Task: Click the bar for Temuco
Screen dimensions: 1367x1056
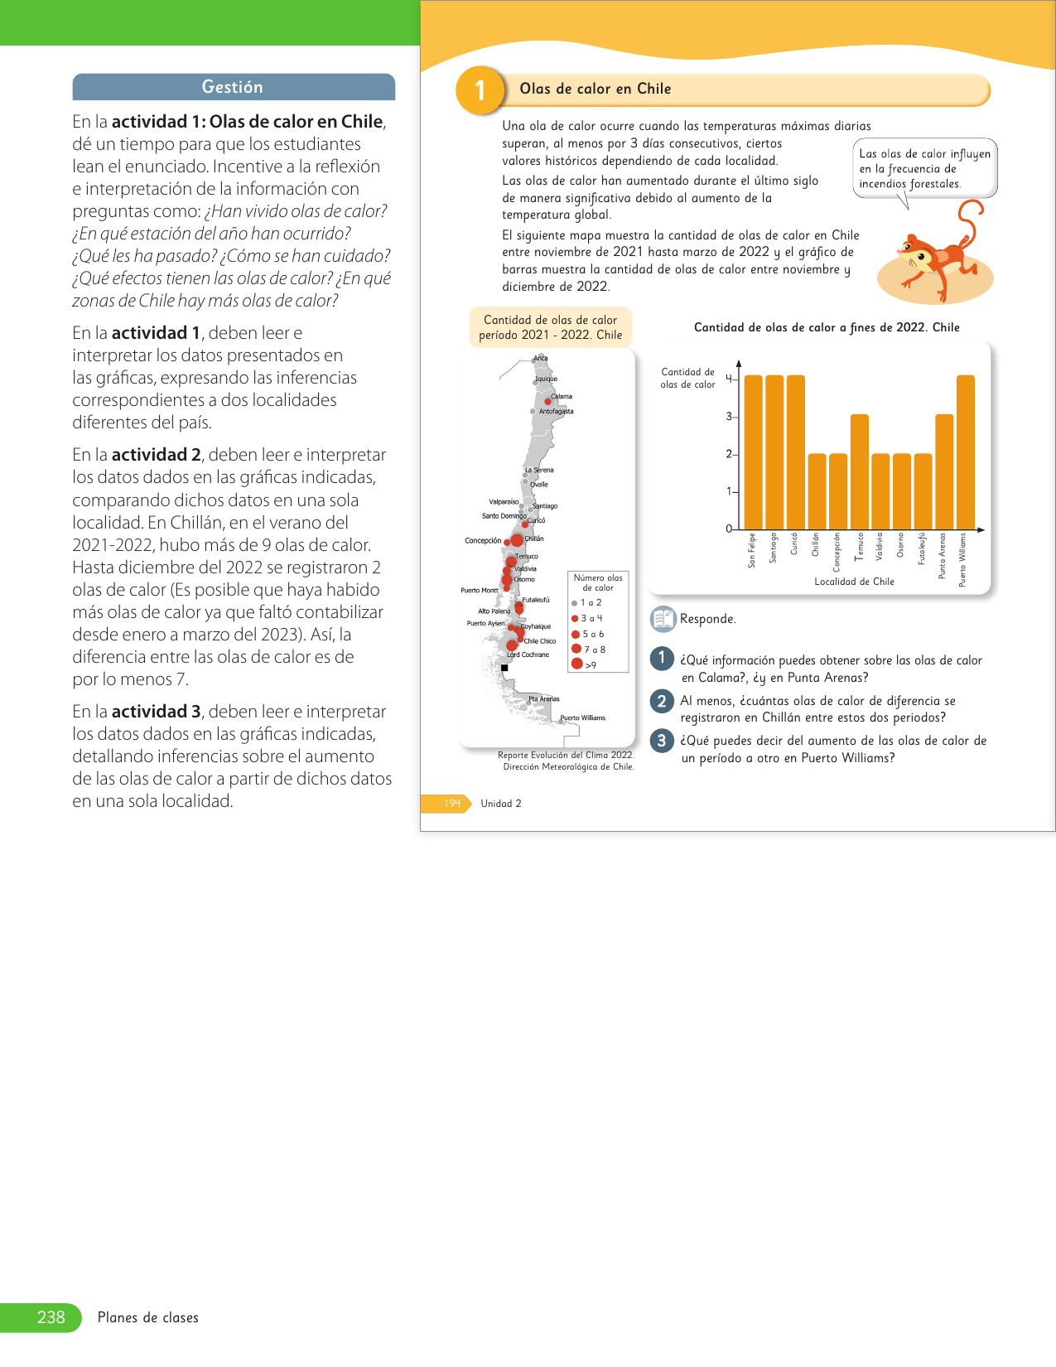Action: click(859, 471)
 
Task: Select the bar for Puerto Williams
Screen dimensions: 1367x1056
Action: click(965, 452)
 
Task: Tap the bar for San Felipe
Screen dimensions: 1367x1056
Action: click(753, 452)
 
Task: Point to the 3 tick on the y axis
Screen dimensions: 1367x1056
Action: click(730, 417)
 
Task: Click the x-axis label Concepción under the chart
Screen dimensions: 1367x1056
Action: click(837, 552)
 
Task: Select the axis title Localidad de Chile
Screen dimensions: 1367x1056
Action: click(854, 582)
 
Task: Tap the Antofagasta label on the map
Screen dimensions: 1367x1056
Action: click(556, 411)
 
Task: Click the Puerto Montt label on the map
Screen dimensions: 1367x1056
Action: click(480, 591)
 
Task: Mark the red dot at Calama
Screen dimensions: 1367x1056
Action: click(547, 395)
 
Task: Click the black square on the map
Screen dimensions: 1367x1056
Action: click(504, 668)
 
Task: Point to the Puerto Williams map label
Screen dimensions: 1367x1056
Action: click(583, 718)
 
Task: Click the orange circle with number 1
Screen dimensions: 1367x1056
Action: click(480, 90)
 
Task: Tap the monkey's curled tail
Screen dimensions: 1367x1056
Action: click(971, 217)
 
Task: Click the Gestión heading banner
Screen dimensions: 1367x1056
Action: click(233, 87)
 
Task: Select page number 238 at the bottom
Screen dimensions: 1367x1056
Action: click(51, 1317)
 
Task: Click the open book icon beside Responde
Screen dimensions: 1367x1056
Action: click(663, 619)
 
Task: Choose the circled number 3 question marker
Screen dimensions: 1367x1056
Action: click(661, 741)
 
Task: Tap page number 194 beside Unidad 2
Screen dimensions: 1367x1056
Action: click(451, 804)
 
